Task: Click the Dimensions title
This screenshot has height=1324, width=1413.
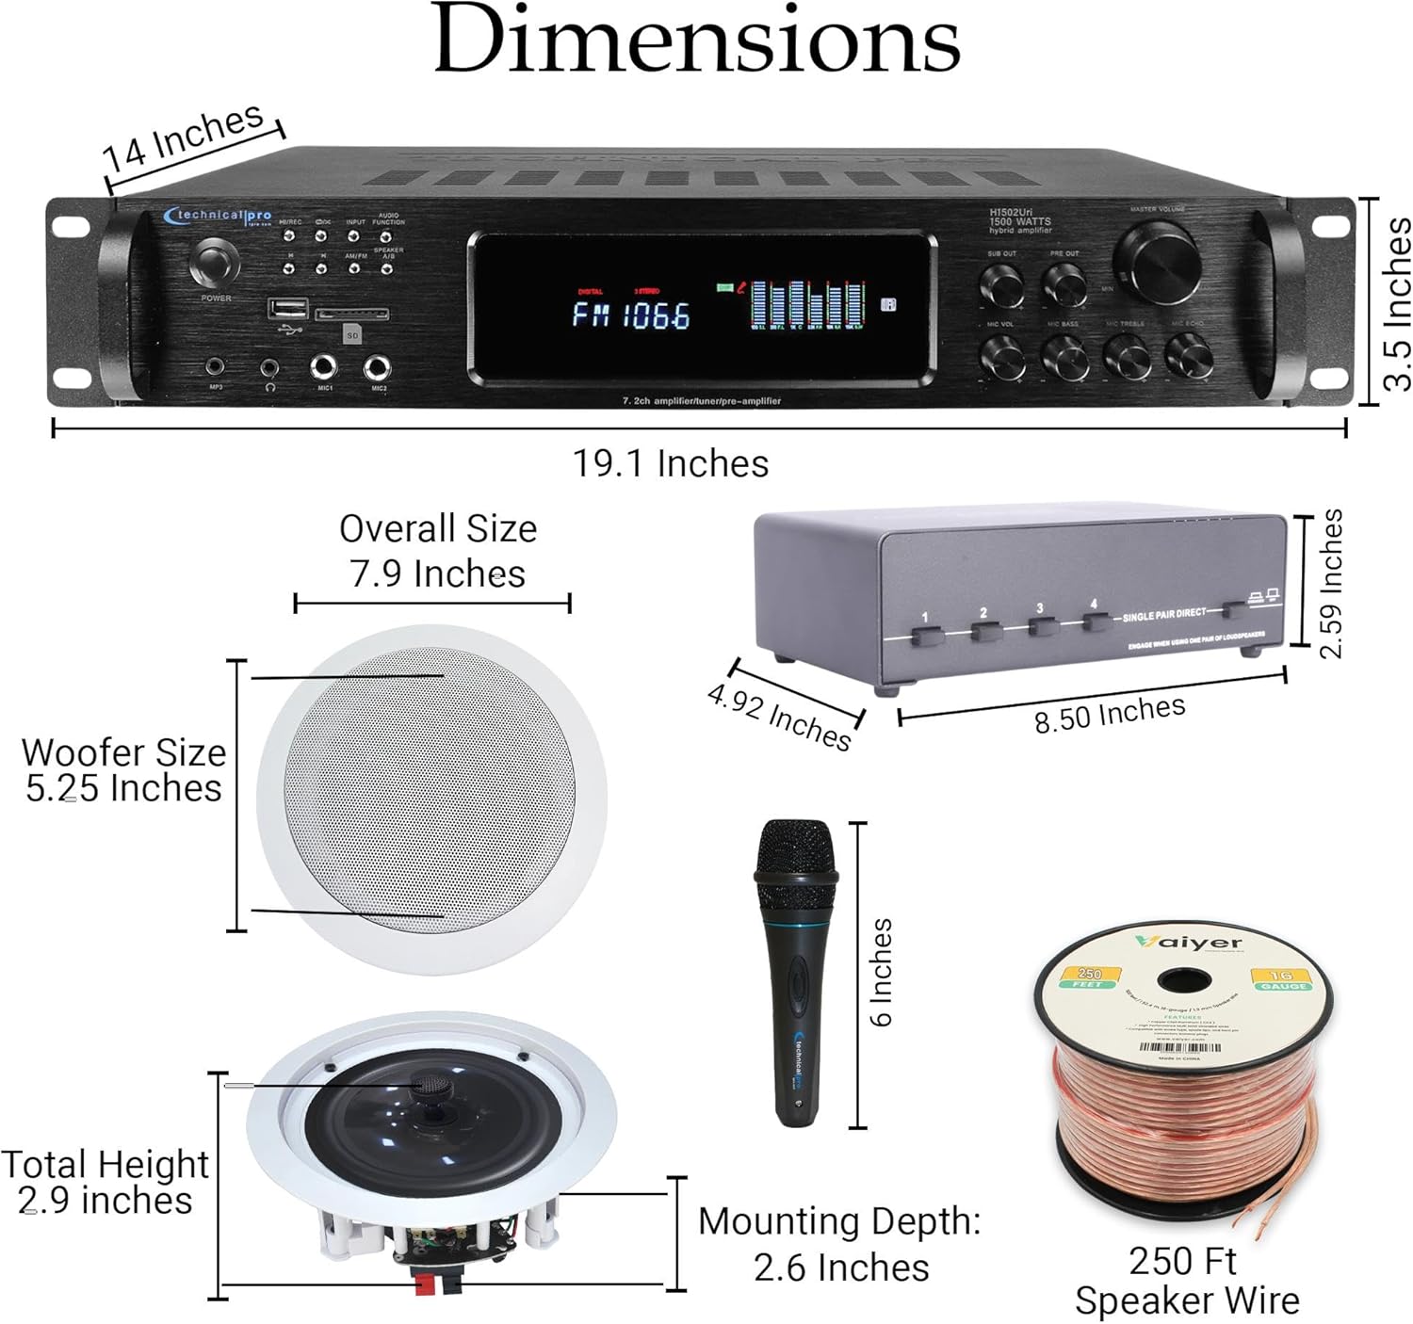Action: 697,42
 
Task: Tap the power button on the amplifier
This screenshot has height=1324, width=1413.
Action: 216,265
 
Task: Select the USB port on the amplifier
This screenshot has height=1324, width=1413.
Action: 287,309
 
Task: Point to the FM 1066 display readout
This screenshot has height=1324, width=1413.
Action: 631,315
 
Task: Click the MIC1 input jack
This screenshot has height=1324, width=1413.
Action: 326,366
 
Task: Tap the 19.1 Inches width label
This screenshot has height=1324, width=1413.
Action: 671,464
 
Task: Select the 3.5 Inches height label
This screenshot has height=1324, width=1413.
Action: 1397,303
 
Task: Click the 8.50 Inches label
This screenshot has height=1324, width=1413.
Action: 1110,714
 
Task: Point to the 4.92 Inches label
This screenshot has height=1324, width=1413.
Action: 779,718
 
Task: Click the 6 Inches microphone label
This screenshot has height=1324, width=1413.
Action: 881,973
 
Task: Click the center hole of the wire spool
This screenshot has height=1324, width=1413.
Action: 1184,979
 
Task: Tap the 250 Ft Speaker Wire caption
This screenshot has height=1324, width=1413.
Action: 1186,1281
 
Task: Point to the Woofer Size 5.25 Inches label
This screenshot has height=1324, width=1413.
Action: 123,770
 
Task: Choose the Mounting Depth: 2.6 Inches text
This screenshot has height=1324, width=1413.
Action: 840,1244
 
